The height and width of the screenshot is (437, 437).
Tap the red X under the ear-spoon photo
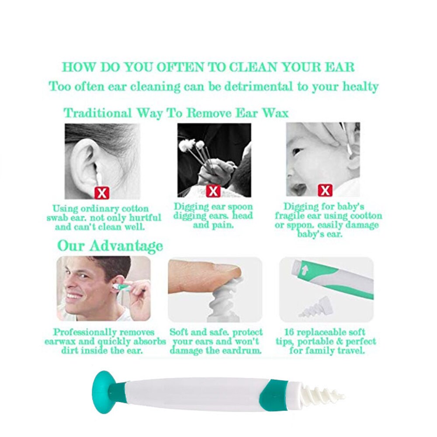[213, 191]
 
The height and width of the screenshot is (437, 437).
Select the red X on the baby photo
[325, 191]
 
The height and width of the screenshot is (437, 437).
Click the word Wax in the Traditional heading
[275, 113]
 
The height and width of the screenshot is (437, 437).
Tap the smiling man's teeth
[74, 296]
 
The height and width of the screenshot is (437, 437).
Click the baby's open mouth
[300, 189]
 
